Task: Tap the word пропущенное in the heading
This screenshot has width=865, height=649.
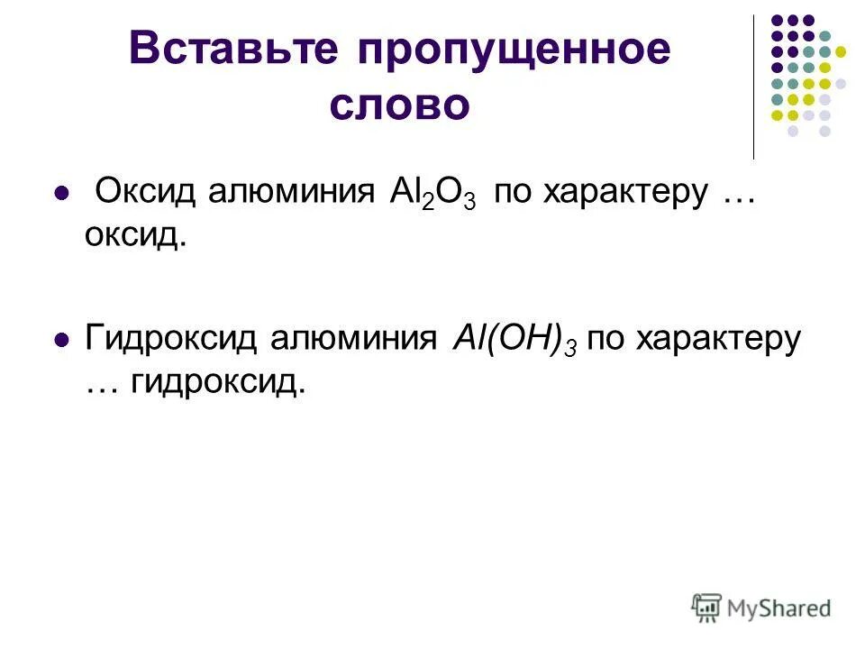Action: click(515, 51)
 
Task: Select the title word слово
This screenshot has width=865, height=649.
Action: click(399, 106)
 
